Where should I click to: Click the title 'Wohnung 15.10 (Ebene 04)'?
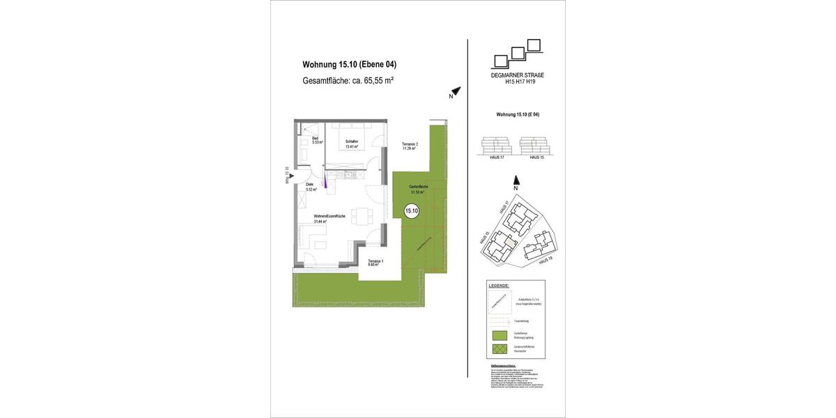tap(349, 65)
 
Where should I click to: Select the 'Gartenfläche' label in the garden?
tap(419, 189)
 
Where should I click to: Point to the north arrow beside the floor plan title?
tap(455, 92)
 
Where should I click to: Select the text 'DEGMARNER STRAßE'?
tap(517, 75)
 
